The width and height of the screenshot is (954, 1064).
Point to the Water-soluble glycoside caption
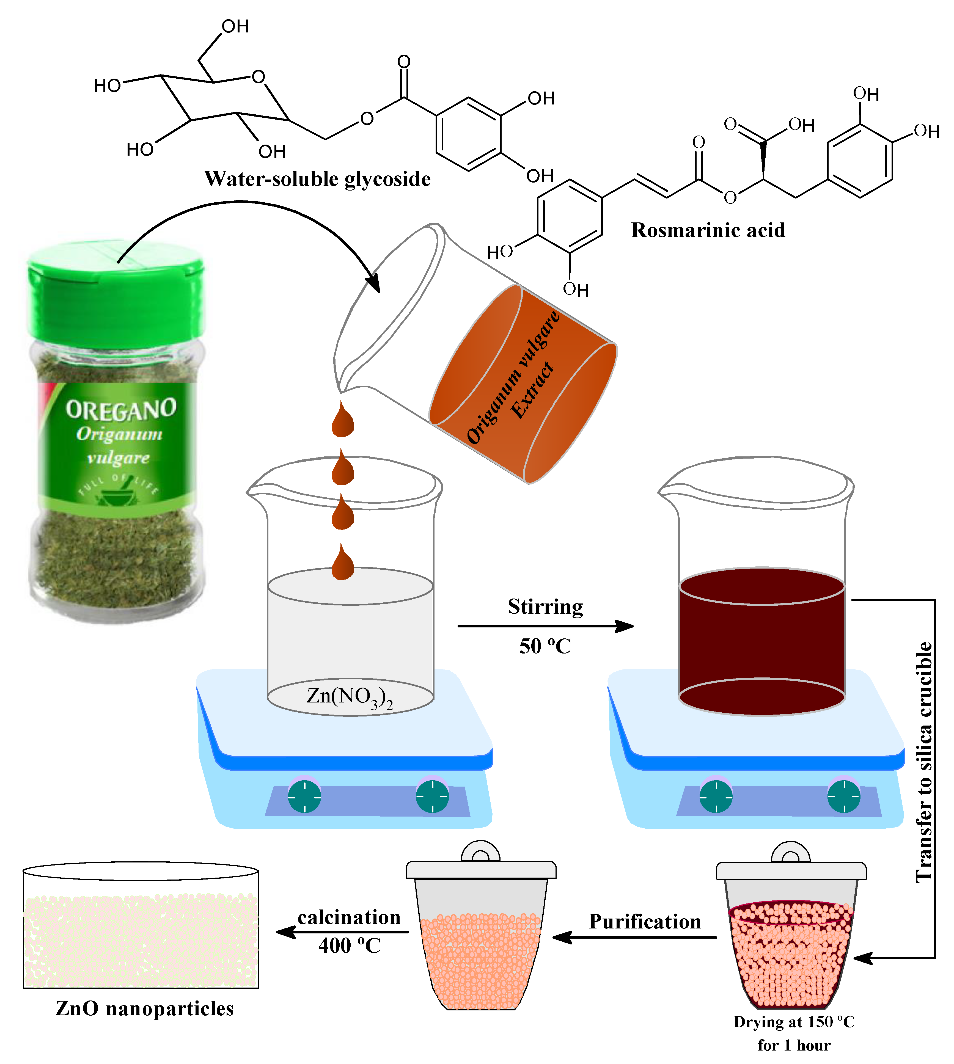(317, 179)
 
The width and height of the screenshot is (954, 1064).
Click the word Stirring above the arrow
(545, 607)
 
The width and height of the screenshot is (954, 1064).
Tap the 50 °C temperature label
(545, 646)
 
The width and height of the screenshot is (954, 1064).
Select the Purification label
(645, 921)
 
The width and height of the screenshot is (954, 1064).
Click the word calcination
(349, 917)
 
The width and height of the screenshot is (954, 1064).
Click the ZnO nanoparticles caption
(145, 1008)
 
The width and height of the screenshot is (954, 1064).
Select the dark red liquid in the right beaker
(761, 645)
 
